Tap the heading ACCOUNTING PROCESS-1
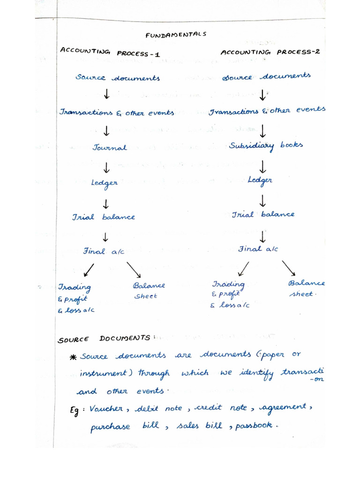pyautogui.click(x=110, y=52)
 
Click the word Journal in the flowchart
pyautogui.click(x=110, y=147)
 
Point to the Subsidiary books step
pyautogui.click(x=266, y=145)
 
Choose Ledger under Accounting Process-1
pyautogui.click(x=105, y=182)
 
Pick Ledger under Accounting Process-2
pyautogui.click(x=260, y=180)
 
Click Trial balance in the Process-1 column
pyautogui.click(x=103, y=217)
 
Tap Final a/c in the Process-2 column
pyautogui.click(x=258, y=249)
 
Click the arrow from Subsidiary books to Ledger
pyautogui.click(x=262, y=166)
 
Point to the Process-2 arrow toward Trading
pyautogui.click(x=243, y=269)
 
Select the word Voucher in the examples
pyautogui.click(x=105, y=408)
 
